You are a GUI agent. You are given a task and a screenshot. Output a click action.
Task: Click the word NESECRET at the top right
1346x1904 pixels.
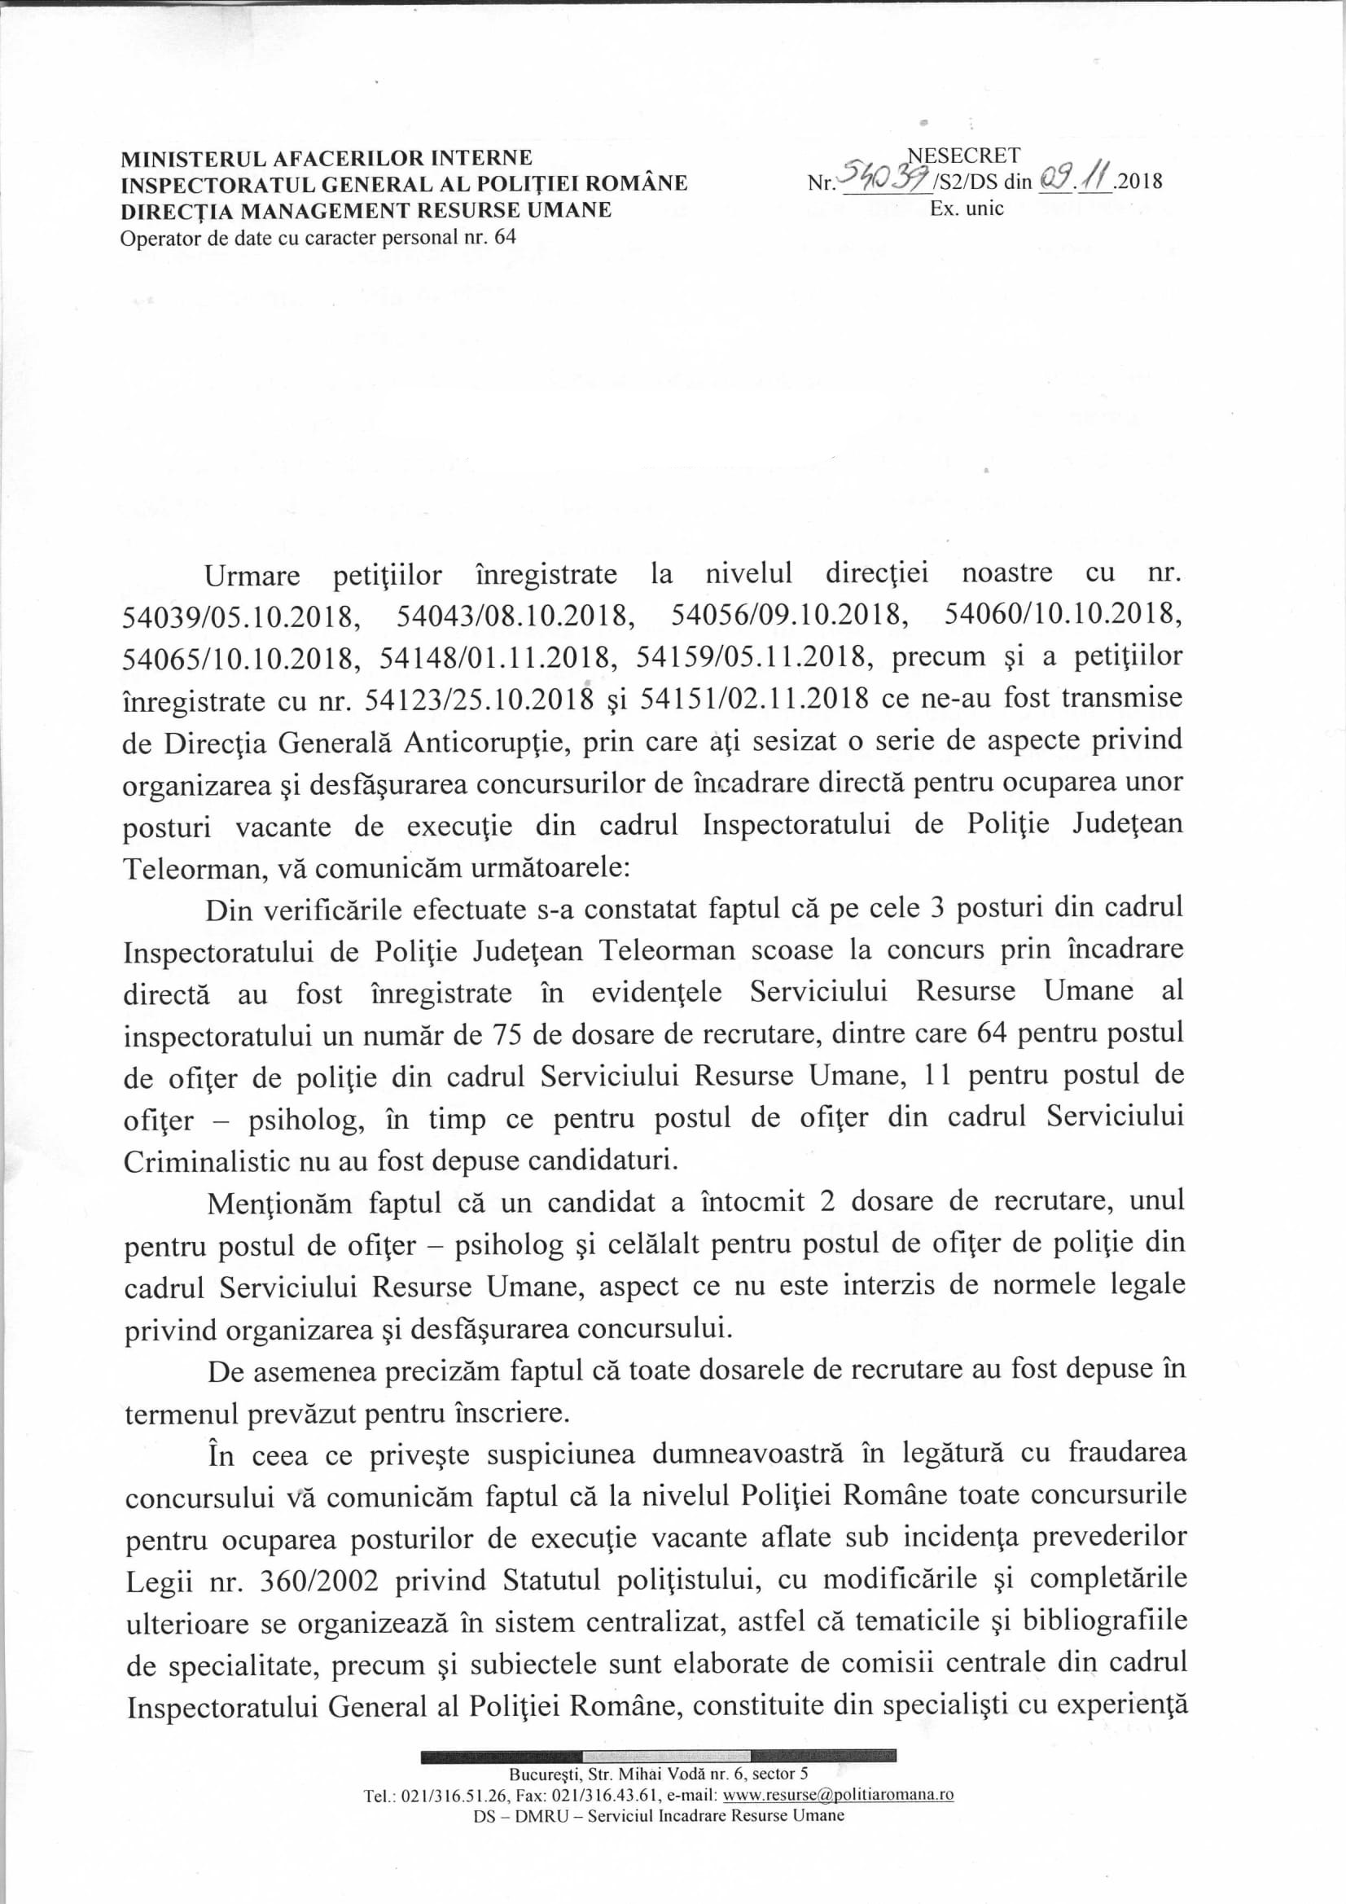coord(964,155)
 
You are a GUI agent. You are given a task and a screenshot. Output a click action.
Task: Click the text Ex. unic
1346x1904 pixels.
coord(967,208)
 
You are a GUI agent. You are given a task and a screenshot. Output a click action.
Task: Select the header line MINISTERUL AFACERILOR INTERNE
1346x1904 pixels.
coord(327,157)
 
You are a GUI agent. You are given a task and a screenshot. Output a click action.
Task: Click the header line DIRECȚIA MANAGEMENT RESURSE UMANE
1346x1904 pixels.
coord(366,210)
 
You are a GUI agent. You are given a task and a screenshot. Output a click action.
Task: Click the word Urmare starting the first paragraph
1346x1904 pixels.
coord(252,575)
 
